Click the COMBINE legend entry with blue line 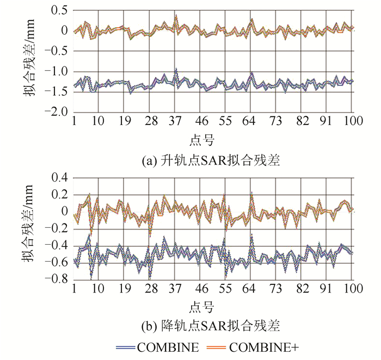[158, 346]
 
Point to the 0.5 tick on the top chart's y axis [58, 10]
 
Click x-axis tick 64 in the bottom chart [252, 288]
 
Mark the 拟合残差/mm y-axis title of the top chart [28, 61]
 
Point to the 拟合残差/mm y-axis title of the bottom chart [28, 228]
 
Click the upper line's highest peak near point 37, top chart [176, 16]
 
